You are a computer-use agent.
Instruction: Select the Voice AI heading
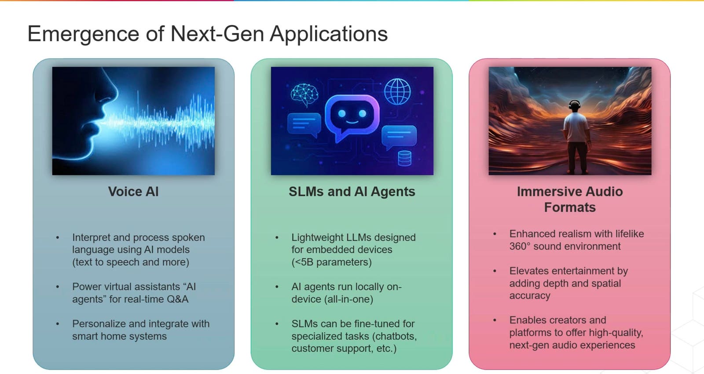(x=133, y=192)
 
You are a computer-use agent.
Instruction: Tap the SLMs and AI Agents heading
(x=352, y=192)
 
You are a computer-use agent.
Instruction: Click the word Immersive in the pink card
(x=548, y=192)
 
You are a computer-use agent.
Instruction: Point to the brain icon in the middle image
(x=304, y=94)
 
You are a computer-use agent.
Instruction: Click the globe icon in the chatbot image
(x=397, y=91)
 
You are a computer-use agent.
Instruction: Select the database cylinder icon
(x=404, y=158)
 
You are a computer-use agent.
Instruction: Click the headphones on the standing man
(x=574, y=105)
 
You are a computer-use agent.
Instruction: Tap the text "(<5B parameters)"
(x=331, y=262)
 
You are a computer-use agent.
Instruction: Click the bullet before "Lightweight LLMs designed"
(x=277, y=238)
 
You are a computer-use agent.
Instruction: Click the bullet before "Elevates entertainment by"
(x=495, y=271)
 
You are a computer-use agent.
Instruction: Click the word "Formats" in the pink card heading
(x=569, y=207)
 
